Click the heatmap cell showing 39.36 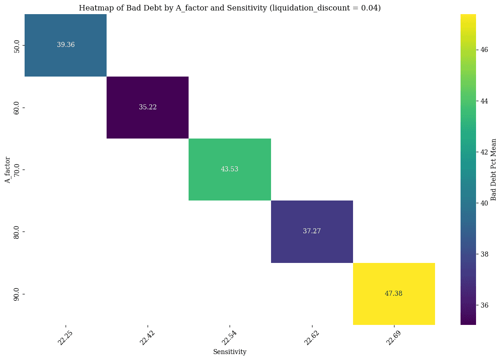(66, 45)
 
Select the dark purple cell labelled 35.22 (148, 107)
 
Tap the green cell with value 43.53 (230, 169)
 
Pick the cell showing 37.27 (312, 231)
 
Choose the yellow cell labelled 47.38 (394, 293)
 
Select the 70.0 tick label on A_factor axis (17, 169)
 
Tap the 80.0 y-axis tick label (17, 231)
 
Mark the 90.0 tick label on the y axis (17, 293)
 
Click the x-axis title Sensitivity (230, 352)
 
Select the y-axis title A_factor (7, 169)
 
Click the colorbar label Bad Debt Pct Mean (493, 169)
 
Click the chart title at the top (230, 8)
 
